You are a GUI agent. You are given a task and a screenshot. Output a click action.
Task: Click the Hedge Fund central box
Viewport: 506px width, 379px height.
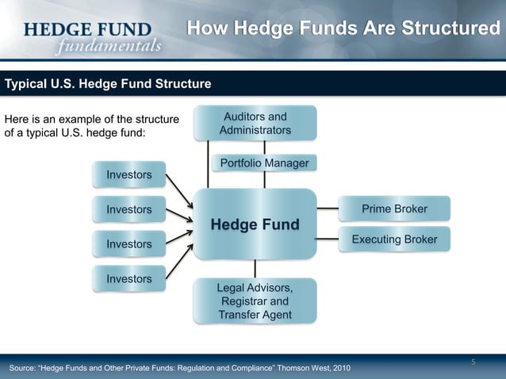point(255,225)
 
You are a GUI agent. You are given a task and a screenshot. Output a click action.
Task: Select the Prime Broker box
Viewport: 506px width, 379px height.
point(394,209)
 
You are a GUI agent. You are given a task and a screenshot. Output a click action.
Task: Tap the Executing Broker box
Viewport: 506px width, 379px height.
point(394,239)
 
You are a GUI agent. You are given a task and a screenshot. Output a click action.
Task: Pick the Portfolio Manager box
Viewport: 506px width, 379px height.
point(264,163)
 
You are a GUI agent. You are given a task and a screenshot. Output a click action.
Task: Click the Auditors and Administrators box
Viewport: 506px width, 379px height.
point(255,124)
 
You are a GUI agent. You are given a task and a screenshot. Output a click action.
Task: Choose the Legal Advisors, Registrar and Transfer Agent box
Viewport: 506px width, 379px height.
point(255,301)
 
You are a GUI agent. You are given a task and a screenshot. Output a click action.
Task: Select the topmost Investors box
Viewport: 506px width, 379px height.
point(129,174)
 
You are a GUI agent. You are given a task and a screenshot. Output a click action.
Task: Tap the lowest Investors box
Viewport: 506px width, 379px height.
point(129,279)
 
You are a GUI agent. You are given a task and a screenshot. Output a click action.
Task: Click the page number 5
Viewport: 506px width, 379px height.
point(473,363)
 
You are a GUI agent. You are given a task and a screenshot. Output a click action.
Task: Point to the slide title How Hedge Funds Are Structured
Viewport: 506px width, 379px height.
point(343,29)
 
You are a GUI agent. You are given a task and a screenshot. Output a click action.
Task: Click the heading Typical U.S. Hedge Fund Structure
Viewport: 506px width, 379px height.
point(109,83)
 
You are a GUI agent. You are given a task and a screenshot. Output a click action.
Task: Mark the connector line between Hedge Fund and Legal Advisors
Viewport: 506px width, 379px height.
point(255,269)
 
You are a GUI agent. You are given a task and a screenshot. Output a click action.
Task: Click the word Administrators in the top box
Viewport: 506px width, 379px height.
point(255,130)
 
